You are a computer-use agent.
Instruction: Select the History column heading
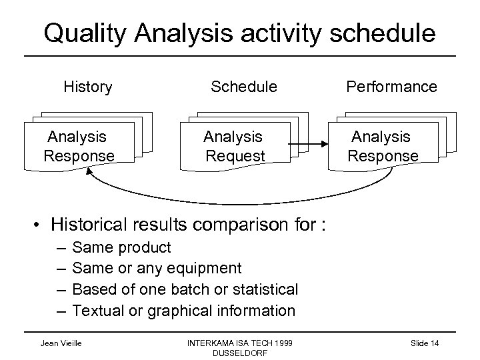point(87,87)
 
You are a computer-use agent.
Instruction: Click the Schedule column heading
point(244,87)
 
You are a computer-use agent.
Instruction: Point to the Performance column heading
point(391,87)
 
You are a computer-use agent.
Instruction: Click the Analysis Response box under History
point(79,147)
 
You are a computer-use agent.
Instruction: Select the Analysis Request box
point(235,147)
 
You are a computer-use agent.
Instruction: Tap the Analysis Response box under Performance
point(383,147)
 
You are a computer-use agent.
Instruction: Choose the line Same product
point(121,248)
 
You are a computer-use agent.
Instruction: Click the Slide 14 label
point(424,342)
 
